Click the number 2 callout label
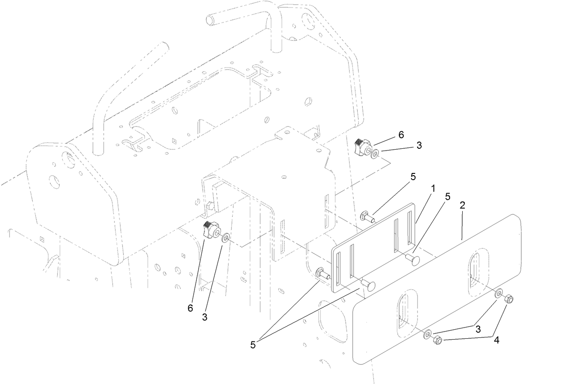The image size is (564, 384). (x=462, y=206)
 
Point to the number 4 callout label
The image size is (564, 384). (x=496, y=340)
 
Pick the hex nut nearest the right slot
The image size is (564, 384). (x=508, y=299)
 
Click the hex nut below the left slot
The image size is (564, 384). (x=438, y=341)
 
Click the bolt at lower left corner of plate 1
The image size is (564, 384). (x=323, y=273)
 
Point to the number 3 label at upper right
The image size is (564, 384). (x=419, y=146)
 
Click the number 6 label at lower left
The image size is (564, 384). (x=191, y=308)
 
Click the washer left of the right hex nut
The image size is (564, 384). (x=499, y=294)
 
